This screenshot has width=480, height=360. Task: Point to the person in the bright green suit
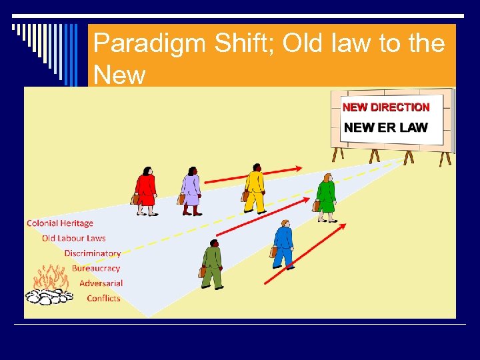326,197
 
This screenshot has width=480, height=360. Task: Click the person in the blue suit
283,244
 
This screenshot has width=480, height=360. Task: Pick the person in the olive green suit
212,264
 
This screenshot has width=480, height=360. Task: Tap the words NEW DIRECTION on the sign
386,107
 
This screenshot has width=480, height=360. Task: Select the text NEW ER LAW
386,127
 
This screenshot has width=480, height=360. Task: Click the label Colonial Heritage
60,223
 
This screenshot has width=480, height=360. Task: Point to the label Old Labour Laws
74,238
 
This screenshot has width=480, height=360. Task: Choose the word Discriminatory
93,253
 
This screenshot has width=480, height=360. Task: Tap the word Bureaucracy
96,268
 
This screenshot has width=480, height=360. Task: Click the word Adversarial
101,283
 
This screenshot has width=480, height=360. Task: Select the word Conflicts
104,298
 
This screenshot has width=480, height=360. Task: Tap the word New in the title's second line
119,75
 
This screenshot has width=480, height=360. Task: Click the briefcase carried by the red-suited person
135,199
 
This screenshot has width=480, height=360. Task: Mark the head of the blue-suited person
285,224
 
